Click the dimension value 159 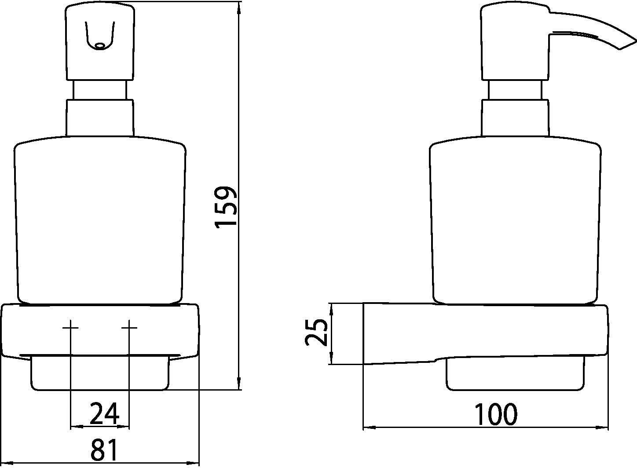(x=226, y=206)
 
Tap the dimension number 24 (x=104, y=414)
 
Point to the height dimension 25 (x=316, y=332)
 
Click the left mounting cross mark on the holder (x=70, y=328)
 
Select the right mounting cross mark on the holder (x=129, y=328)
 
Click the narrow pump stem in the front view (x=99, y=90)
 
